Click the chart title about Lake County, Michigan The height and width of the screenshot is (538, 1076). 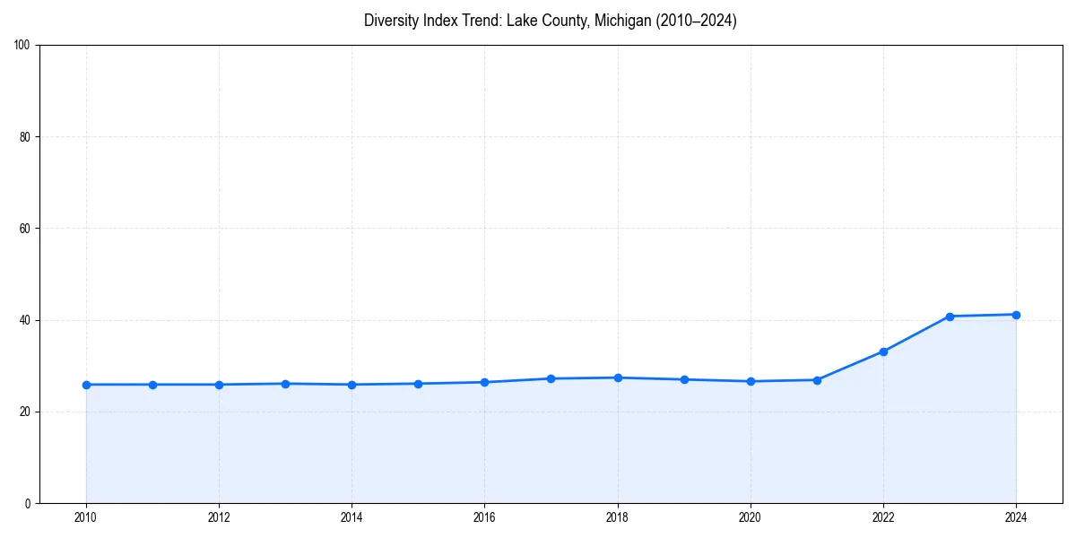(x=550, y=21)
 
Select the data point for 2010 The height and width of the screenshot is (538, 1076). (x=86, y=385)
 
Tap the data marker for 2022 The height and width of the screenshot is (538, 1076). (x=883, y=351)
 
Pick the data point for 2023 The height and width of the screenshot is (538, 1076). (x=950, y=317)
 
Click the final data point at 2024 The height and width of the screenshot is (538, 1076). (x=1016, y=315)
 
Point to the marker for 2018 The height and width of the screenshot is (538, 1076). (x=618, y=377)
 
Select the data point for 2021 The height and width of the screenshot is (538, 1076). (x=817, y=380)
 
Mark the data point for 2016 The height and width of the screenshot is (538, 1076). (x=484, y=382)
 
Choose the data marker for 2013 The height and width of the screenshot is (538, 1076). (x=285, y=384)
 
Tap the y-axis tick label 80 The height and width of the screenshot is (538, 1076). (x=25, y=137)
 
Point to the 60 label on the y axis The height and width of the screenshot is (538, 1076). (x=25, y=229)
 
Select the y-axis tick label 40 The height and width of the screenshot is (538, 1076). (x=25, y=320)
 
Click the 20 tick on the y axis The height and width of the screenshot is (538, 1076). (x=25, y=412)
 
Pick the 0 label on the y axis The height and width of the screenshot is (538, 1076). (x=28, y=503)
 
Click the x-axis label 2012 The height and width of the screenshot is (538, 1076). (x=219, y=517)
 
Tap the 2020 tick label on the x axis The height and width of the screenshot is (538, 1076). (x=751, y=517)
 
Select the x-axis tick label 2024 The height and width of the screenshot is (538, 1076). (x=1016, y=517)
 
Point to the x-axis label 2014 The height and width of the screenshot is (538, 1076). (x=351, y=517)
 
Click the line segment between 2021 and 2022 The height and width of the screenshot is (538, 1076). (x=850, y=366)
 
